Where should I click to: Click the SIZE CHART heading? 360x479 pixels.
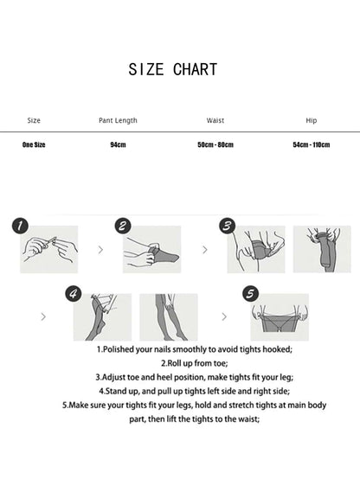coord(173,69)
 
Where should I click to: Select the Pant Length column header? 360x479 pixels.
coord(118,120)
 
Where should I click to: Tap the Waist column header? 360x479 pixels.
coord(215,120)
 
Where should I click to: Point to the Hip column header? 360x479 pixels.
coord(312,120)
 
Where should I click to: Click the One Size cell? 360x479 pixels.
coord(34,144)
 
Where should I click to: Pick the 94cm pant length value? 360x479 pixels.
coord(118,144)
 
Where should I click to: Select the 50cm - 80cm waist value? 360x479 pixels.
coord(215,144)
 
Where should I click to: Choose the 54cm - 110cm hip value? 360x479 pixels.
coord(312,144)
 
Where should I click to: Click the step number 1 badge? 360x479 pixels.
coord(20,227)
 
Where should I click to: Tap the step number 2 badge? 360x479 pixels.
coord(123,227)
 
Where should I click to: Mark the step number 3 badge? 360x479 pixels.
coord(228,227)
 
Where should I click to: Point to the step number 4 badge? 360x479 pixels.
coord(74,294)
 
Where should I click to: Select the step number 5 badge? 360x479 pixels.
coord(250,294)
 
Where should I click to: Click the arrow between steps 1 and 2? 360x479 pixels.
coord(100,250)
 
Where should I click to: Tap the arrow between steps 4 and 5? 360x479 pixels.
coord(224,316)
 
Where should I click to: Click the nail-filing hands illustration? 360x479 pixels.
coord(49,249)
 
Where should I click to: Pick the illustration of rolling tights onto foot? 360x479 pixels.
coord(152,249)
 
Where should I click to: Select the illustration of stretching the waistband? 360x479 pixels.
coord(280,317)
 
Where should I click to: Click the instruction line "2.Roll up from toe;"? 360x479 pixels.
coord(195,363)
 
